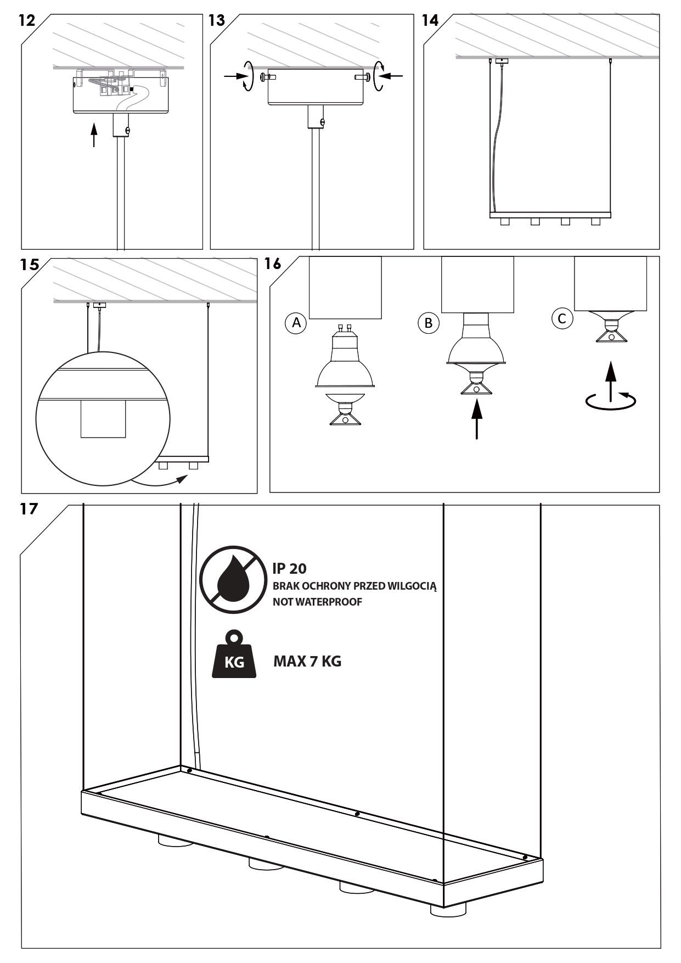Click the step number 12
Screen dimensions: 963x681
(x=27, y=21)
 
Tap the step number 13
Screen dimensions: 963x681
(x=217, y=21)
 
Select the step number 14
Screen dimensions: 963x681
(x=430, y=21)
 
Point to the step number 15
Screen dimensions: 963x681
(x=30, y=264)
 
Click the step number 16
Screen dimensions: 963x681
(x=273, y=264)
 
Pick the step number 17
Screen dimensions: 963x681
(x=29, y=509)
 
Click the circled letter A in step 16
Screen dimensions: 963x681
(x=297, y=323)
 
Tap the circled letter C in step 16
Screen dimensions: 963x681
(x=562, y=318)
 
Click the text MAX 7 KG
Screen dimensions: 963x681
(x=307, y=661)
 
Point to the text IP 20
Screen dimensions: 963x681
(x=290, y=569)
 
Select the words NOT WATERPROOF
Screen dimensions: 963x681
(x=317, y=602)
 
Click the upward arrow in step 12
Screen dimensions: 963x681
(x=94, y=135)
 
